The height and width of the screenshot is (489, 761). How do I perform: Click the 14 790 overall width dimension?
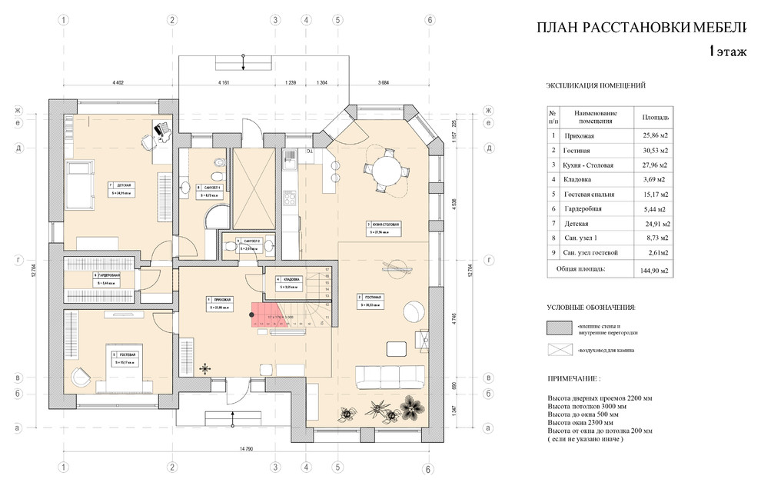(x=246, y=448)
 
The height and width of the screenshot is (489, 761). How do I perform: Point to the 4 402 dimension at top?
(x=118, y=81)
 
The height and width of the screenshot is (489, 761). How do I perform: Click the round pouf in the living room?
(x=413, y=310)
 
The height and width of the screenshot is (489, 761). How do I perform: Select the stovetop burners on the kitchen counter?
(x=291, y=198)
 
